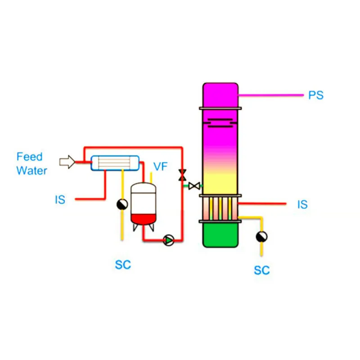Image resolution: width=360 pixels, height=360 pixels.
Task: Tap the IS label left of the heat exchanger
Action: pyautogui.click(x=60, y=199)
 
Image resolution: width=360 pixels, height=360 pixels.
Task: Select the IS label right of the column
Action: pyautogui.click(x=302, y=204)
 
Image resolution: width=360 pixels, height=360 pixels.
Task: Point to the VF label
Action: pyautogui.click(x=160, y=166)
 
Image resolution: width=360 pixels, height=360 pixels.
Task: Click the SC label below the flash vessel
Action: pyautogui.click(x=122, y=265)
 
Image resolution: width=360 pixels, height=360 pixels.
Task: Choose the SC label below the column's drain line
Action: pyautogui.click(x=261, y=270)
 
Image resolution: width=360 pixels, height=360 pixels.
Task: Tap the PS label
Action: pyautogui.click(x=316, y=95)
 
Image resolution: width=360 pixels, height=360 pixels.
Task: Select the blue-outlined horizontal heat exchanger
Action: pyautogui.click(x=115, y=162)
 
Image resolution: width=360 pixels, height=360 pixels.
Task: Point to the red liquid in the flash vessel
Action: pyautogui.click(x=144, y=219)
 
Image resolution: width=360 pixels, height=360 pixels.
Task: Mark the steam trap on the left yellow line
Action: pyautogui.click(x=122, y=205)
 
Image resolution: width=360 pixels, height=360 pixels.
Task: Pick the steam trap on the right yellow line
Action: pyautogui.click(x=261, y=236)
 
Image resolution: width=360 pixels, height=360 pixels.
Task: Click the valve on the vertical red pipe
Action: pyautogui.click(x=182, y=175)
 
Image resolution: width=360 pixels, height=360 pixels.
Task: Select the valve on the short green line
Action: pyautogui.click(x=194, y=185)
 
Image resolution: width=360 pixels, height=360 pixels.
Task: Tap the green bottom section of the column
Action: pyautogui.click(x=220, y=235)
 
